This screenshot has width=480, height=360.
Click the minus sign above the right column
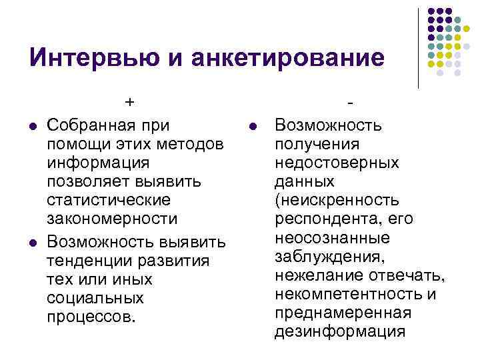point(349,102)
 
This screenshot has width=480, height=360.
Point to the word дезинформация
point(339,331)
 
